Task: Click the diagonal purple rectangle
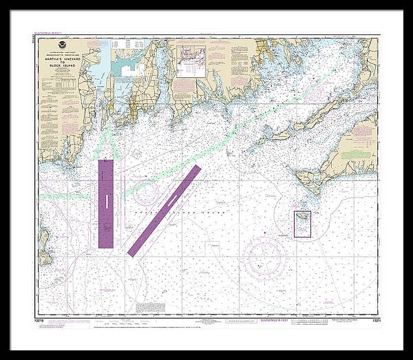point(165,210)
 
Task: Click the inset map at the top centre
point(193,61)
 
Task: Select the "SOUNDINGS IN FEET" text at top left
point(50,32)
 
